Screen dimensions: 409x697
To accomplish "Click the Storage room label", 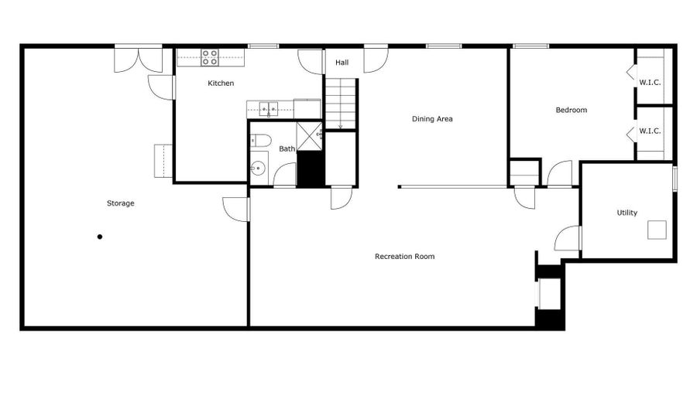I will click(x=120, y=203).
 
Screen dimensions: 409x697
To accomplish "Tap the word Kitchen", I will click(x=221, y=83).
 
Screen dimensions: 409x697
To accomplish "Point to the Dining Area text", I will click(x=432, y=119).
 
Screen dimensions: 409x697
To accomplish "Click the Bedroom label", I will click(x=572, y=110).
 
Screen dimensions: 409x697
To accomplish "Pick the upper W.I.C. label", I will click(x=650, y=83).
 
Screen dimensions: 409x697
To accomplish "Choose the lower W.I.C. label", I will click(x=650, y=131).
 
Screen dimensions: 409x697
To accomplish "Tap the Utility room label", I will click(x=627, y=213).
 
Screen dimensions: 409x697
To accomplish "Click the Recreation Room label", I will click(x=404, y=256).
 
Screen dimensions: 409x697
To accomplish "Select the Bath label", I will click(x=287, y=148).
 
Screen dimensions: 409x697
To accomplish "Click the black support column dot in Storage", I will click(x=100, y=237).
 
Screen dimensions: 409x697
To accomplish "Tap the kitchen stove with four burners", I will click(x=210, y=56).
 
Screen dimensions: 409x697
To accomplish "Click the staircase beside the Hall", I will click(x=341, y=103).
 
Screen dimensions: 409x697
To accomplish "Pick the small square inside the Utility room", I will click(x=658, y=230).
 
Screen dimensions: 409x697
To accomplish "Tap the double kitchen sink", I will click(x=270, y=109).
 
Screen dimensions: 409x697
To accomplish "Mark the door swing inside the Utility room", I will click(x=569, y=238).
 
